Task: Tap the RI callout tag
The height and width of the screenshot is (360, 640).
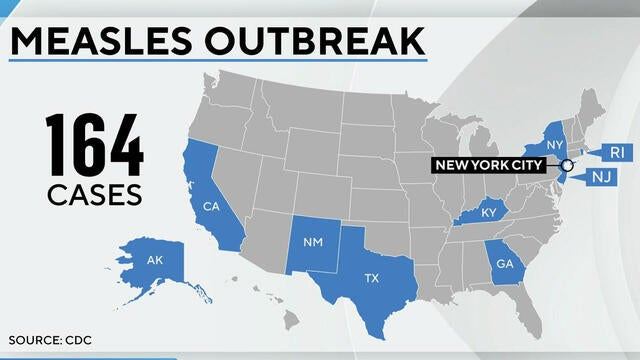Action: pyautogui.click(x=612, y=152)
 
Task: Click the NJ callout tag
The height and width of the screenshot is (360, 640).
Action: pyautogui.click(x=602, y=177)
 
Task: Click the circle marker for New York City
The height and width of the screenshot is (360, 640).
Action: pyautogui.click(x=567, y=165)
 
